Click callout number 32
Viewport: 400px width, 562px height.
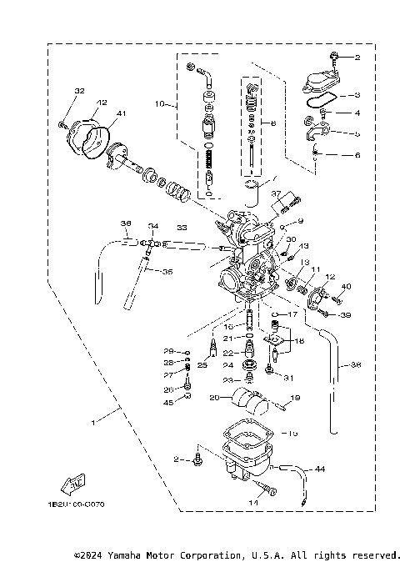click(x=79, y=90)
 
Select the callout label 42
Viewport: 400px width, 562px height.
click(x=101, y=103)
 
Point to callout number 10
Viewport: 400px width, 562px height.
click(x=161, y=105)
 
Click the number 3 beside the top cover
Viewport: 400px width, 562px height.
click(x=357, y=96)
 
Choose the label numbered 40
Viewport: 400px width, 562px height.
click(x=347, y=288)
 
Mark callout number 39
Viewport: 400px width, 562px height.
click(x=346, y=315)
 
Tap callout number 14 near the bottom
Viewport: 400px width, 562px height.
click(x=253, y=503)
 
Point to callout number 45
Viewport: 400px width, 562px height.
click(x=167, y=403)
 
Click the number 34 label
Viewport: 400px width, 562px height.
click(x=152, y=227)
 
